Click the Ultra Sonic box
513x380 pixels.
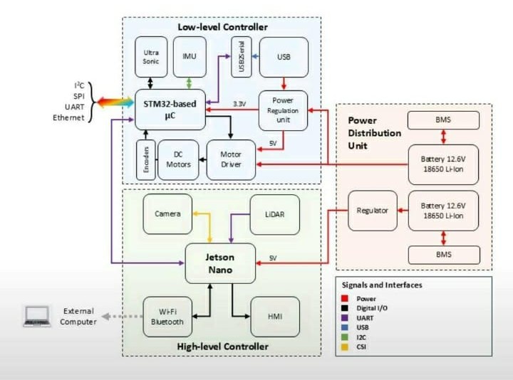[x=151, y=57]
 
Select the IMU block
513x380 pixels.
[x=190, y=57]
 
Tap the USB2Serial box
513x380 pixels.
[x=242, y=57]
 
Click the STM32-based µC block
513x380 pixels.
[x=170, y=110]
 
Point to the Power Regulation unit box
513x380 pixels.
[x=283, y=110]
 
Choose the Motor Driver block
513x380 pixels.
[x=231, y=160]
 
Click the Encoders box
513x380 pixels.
[x=146, y=160]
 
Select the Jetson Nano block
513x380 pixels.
[x=220, y=263]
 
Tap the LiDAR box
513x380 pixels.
[x=275, y=214]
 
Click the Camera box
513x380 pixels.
[x=167, y=214]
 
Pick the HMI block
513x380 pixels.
[x=275, y=317]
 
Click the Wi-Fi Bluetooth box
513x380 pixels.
[x=167, y=317]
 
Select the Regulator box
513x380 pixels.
[x=373, y=211]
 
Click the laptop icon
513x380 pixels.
[x=37, y=316]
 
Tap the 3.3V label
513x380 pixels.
[x=239, y=104]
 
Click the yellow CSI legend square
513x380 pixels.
[x=345, y=347]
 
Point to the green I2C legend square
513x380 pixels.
[x=345, y=337]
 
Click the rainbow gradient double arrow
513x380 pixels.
[x=115, y=102]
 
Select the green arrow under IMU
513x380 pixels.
[x=189, y=83]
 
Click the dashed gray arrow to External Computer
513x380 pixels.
[x=122, y=316]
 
